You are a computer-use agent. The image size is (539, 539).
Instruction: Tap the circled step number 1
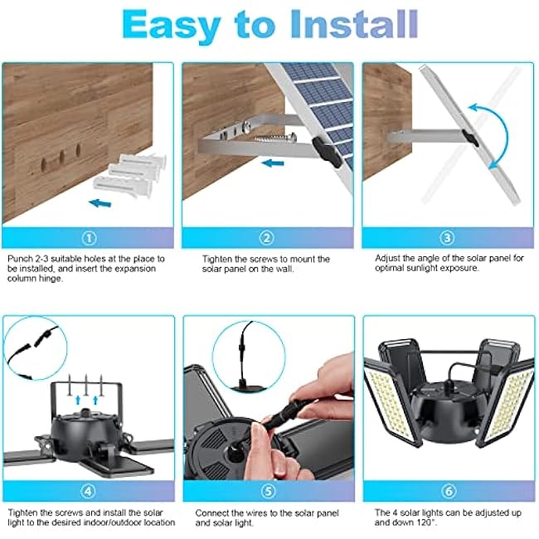tap(90, 238)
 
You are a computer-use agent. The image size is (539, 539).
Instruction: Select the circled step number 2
tap(268, 238)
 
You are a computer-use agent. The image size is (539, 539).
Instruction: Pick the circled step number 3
tap(448, 238)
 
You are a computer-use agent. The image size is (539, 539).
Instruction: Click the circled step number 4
tap(90, 491)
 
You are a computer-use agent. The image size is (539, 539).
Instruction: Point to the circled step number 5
tap(268, 491)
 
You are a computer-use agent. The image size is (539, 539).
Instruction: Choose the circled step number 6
tap(448, 491)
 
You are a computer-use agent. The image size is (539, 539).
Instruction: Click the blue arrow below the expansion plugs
tap(101, 202)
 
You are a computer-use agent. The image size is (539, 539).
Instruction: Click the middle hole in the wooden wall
tap(60, 154)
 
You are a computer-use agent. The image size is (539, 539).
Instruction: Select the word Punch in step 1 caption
tap(17, 259)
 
